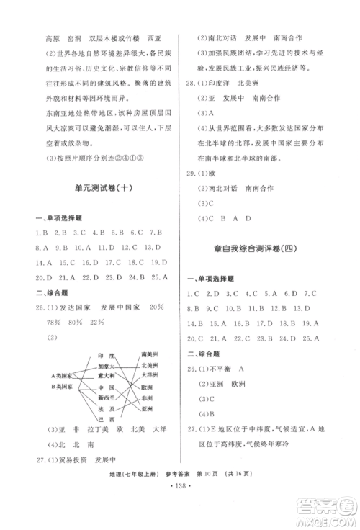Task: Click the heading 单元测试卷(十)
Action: [x=103, y=187]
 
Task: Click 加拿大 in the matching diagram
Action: [x=107, y=365]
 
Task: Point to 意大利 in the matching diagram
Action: [x=107, y=375]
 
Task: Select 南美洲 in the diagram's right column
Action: [x=150, y=355]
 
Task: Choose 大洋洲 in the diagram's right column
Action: [x=150, y=375]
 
